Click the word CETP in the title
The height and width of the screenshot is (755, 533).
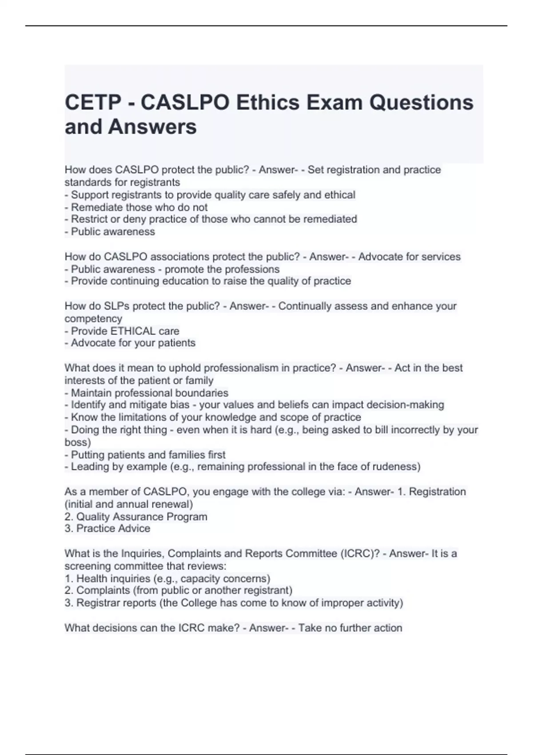coord(93,103)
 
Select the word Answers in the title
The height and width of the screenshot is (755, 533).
coord(152,127)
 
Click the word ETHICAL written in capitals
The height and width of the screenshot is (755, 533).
coord(133,331)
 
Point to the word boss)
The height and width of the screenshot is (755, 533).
coord(78,442)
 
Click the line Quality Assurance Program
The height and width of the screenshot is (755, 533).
coord(142,517)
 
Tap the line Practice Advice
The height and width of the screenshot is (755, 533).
coord(113,528)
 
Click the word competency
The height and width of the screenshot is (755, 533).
coord(93,318)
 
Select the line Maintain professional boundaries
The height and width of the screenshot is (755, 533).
coord(150,393)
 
